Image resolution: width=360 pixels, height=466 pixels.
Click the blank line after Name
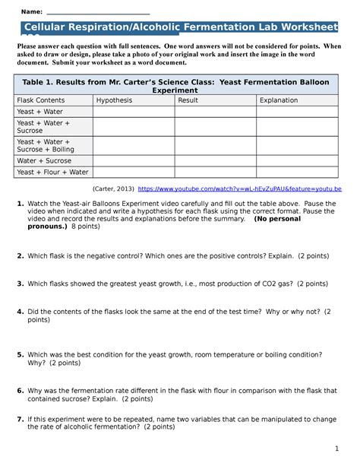coord(98,13)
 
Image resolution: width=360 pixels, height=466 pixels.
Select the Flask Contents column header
coord(41,100)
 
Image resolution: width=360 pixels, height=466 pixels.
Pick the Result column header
coord(188,100)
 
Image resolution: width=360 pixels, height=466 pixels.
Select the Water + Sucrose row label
coord(45,160)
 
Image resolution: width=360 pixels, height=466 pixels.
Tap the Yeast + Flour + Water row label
coord(52,172)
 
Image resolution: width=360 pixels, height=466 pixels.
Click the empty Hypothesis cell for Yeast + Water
coord(132,111)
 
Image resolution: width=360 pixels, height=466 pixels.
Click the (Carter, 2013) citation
coord(112,188)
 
